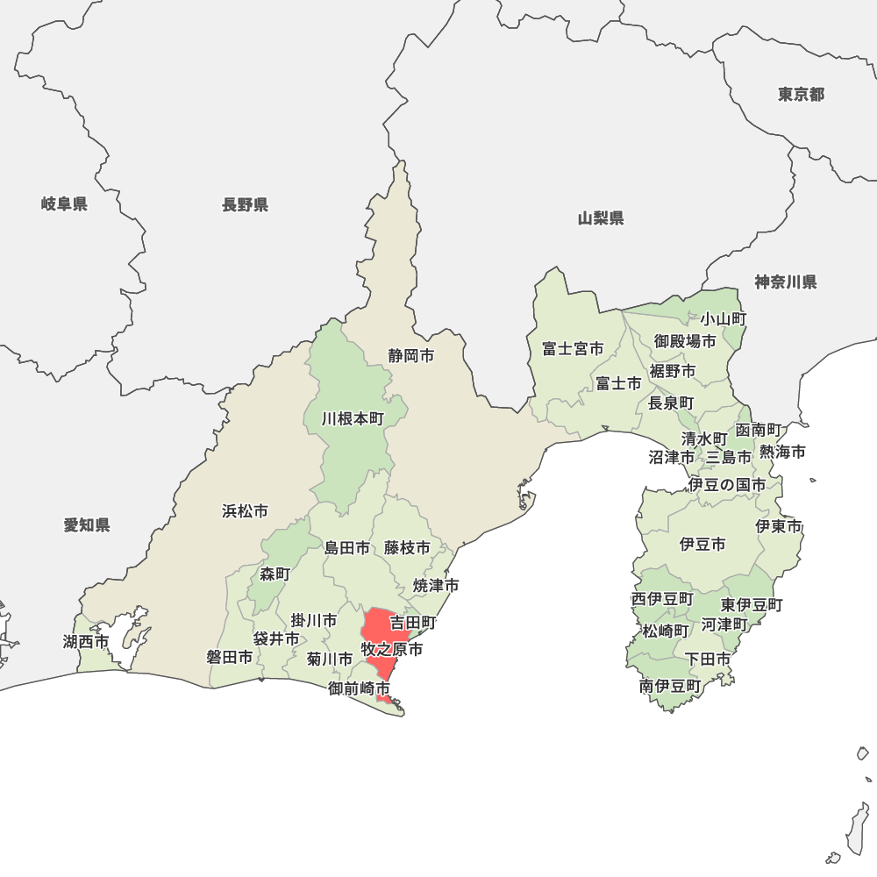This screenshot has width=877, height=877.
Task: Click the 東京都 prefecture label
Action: click(801, 95)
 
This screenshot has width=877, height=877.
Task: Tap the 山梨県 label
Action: click(601, 218)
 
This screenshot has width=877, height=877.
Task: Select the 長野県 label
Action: click(245, 205)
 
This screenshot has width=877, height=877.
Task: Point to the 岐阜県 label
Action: click(64, 204)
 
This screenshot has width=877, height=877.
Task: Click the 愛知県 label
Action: click(87, 525)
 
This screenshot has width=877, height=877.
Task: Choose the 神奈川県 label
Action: click(786, 282)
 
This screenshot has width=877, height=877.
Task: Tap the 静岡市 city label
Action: click(411, 356)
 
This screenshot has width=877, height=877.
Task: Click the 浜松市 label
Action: click(245, 510)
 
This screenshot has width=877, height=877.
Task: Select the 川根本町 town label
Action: click(353, 419)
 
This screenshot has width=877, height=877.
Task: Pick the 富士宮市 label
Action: click(573, 349)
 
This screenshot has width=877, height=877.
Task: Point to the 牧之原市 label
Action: click(392, 650)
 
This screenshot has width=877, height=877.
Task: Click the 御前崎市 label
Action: click(359, 689)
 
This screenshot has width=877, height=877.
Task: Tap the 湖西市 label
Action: click(86, 642)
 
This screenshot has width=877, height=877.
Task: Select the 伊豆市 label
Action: click(702, 545)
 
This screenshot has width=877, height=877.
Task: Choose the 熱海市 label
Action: click(782, 453)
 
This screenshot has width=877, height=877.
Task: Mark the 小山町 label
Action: click(723, 319)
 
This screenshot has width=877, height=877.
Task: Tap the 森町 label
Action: click(275, 574)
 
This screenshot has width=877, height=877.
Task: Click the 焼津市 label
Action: click(437, 585)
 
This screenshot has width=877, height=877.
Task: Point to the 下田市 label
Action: click(708, 659)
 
